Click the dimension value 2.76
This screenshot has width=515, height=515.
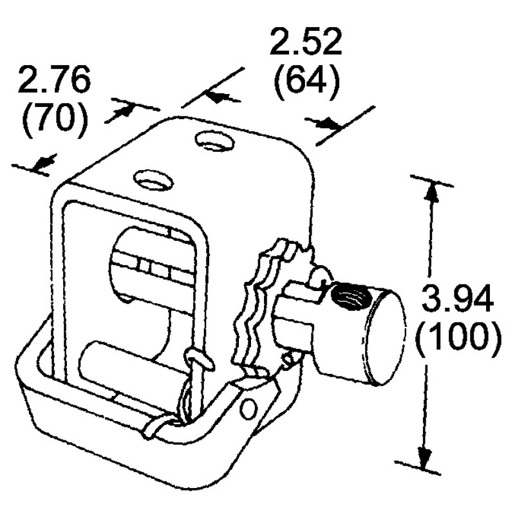point(55,81)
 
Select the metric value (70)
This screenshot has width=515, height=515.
point(55,120)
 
